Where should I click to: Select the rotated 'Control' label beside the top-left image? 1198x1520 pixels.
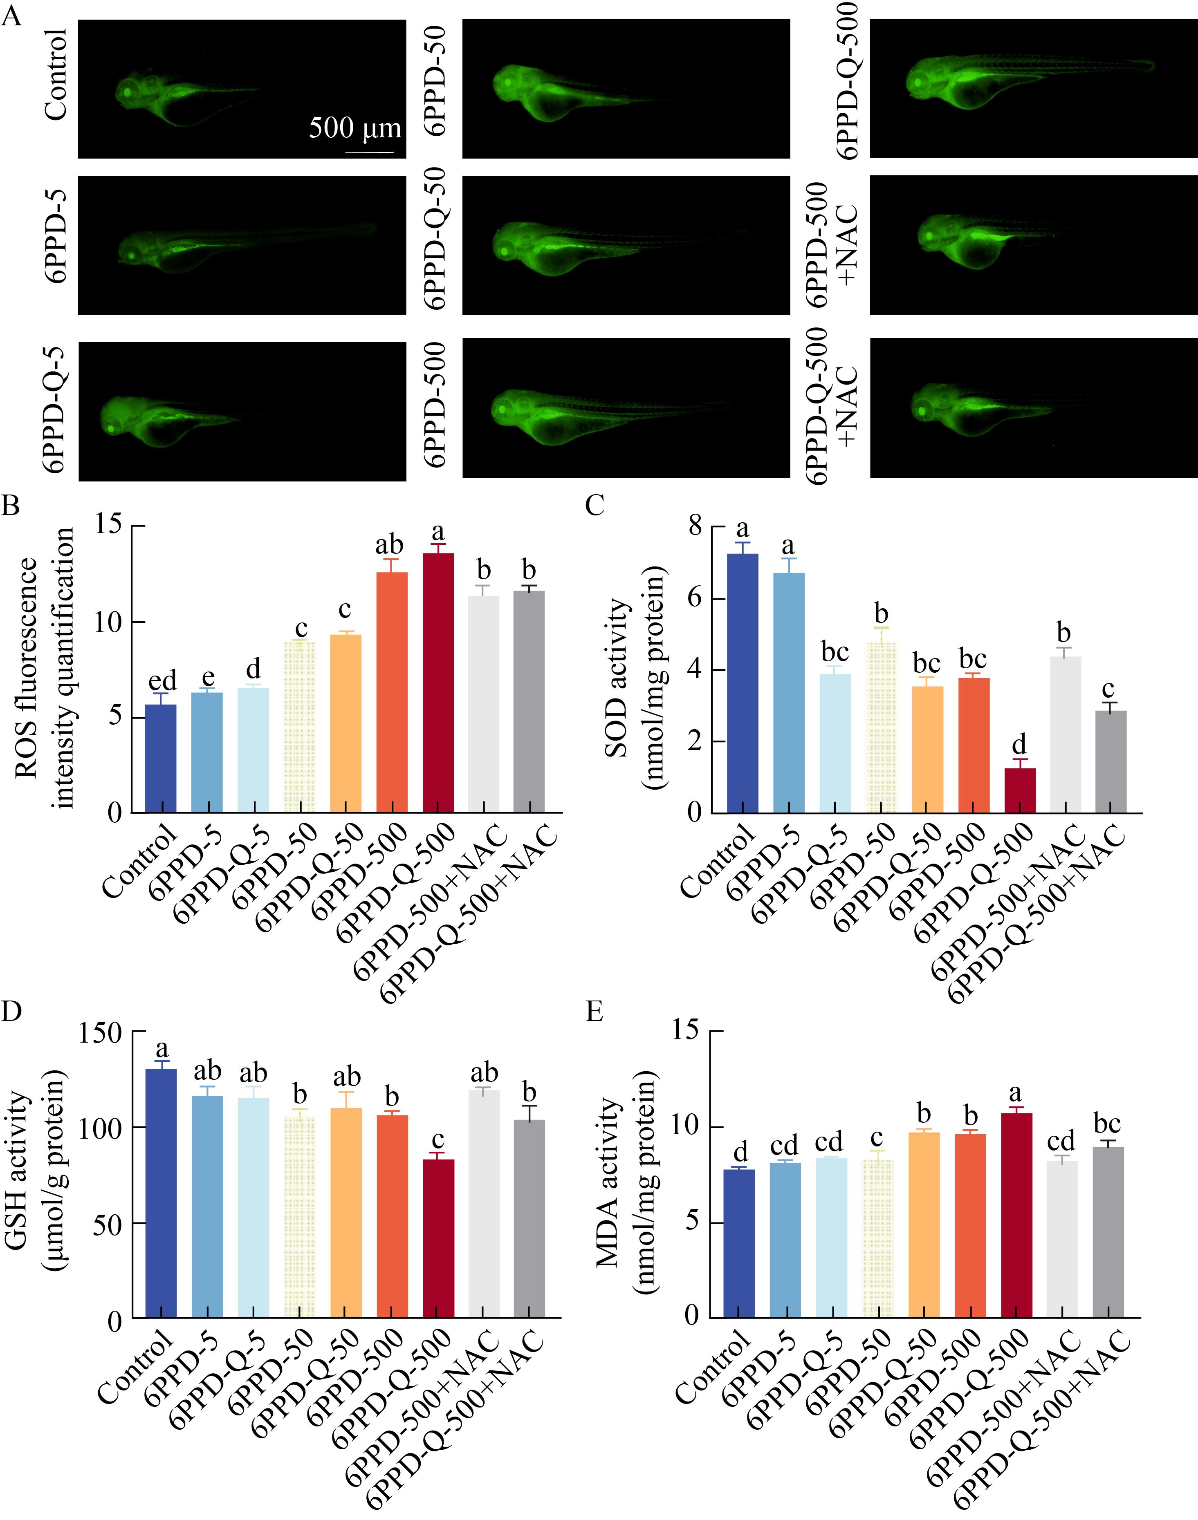coord(56,74)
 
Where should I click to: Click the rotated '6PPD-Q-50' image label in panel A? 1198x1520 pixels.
coord(435,238)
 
